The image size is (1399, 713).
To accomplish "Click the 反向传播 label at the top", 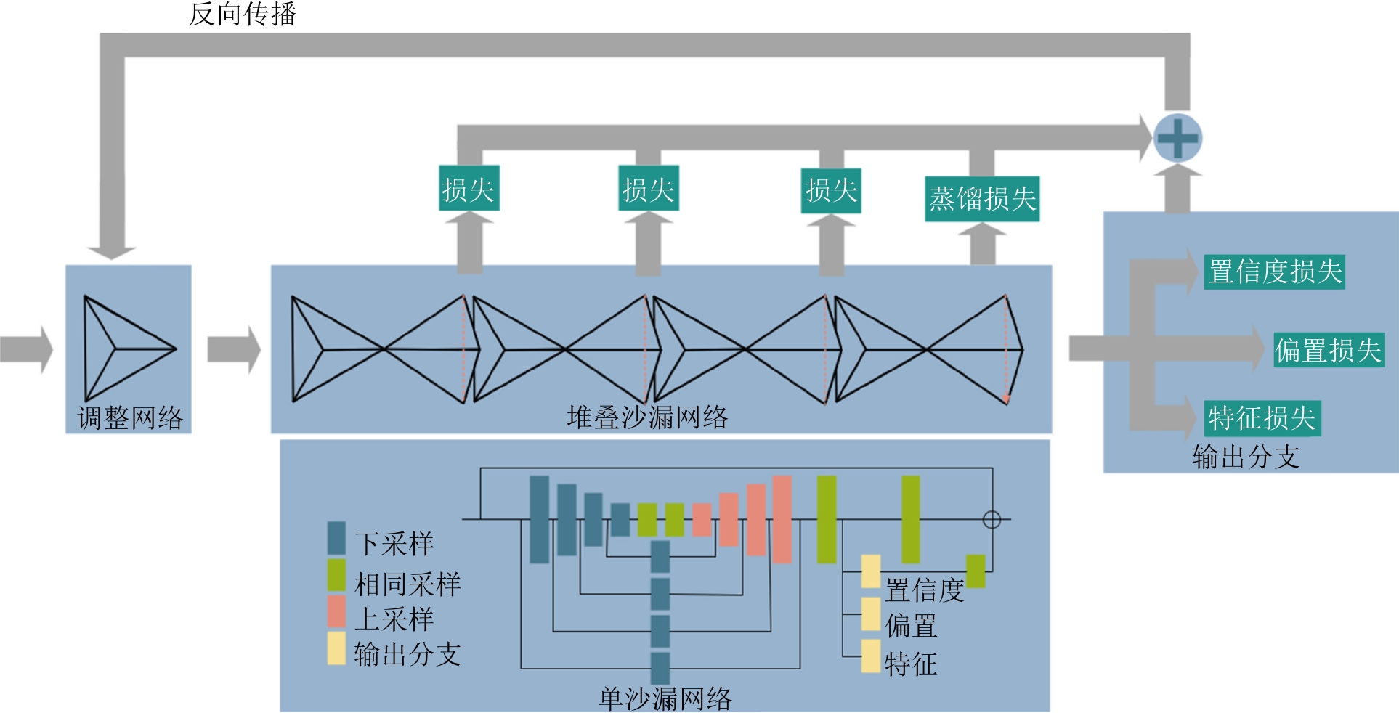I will [243, 14].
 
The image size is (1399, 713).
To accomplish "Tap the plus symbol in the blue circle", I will [1177, 138].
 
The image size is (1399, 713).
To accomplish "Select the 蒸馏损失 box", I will [982, 199].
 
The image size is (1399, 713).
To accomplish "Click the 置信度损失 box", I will [1274, 272].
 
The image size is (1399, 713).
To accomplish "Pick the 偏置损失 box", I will [1329, 351].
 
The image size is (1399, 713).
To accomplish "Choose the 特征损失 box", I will [1262, 418].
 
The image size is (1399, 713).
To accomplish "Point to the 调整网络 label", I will [130, 418].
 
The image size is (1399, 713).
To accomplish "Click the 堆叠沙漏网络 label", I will [647, 417].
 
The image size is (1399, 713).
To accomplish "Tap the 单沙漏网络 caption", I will [665, 698].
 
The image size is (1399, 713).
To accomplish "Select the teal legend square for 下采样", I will [336, 538].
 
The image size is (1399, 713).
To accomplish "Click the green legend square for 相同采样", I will [336, 575].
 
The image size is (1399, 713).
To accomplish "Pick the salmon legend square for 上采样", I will [336, 612].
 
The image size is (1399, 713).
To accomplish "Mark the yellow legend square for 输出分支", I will [336, 648].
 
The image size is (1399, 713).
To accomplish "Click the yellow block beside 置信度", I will [871, 571].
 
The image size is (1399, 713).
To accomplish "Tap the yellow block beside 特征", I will [871, 656].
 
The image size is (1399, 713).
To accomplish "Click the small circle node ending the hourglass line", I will [992, 520].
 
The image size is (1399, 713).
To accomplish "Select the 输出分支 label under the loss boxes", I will [1246, 457].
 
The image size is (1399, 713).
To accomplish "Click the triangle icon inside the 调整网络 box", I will [123, 349].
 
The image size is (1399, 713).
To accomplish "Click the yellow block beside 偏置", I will [871, 614].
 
